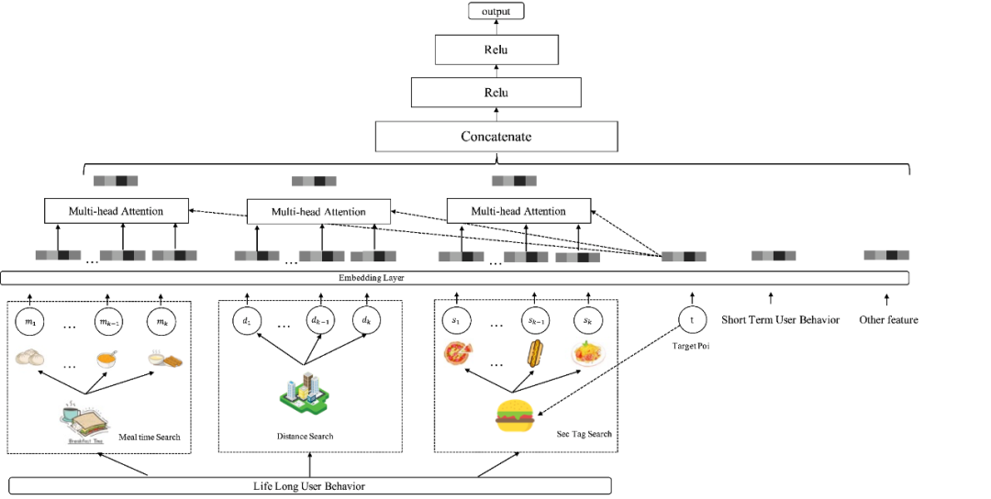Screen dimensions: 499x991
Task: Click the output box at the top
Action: (x=496, y=12)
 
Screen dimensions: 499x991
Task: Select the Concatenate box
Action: (x=495, y=137)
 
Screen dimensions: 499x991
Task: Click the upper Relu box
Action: (x=495, y=50)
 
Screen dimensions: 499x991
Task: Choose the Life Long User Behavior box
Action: (x=309, y=485)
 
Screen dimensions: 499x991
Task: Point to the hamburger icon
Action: (x=515, y=416)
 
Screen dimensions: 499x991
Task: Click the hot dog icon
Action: (x=535, y=354)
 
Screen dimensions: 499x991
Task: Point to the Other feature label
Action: (x=888, y=320)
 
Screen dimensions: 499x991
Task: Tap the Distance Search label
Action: (x=306, y=436)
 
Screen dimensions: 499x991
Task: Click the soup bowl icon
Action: (x=107, y=360)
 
